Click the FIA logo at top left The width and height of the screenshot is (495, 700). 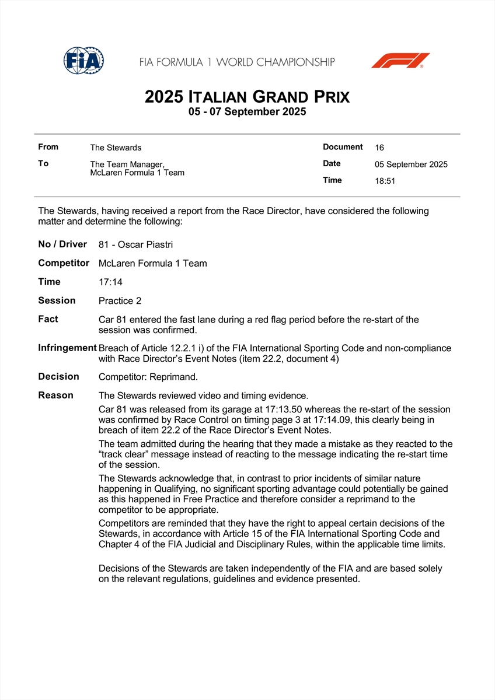tap(83, 60)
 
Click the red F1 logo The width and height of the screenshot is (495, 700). tap(400, 60)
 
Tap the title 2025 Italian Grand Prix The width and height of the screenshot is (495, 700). tap(247, 96)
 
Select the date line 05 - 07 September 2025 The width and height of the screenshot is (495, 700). tap(247, 111)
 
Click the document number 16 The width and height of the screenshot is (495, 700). tap(379, 148)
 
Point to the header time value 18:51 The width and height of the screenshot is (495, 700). tap(385, 181)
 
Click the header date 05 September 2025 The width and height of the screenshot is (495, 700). tap(411, 164)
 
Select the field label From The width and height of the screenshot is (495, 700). tap(48, 147)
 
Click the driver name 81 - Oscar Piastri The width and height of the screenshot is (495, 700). tap(135, 245)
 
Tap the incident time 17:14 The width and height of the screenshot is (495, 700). tap(111, 282)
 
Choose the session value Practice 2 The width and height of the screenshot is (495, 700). tap(120, 301)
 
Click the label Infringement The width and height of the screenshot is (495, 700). tap(67, 348)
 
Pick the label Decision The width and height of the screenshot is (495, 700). tap(58, 377)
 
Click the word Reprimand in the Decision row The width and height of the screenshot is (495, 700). tap(175, 377)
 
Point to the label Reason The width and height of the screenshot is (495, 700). tap(55, 395)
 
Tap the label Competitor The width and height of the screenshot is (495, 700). tap(64, 263)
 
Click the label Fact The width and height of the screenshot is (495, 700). tap(48, 319)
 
